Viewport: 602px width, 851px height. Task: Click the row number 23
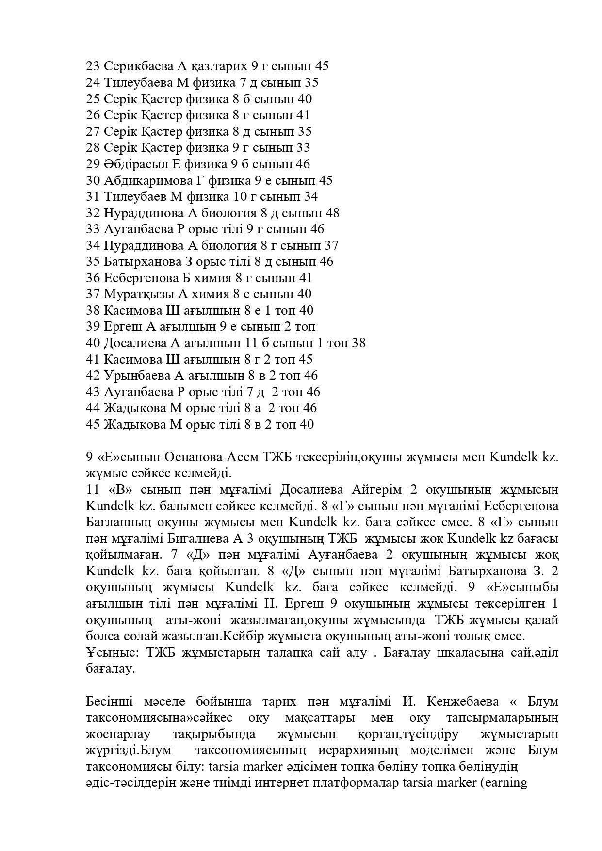[x=93, y=66]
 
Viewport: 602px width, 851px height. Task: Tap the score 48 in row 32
[x=332, y=213]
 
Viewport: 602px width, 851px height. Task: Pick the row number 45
[x=93, y=425]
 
